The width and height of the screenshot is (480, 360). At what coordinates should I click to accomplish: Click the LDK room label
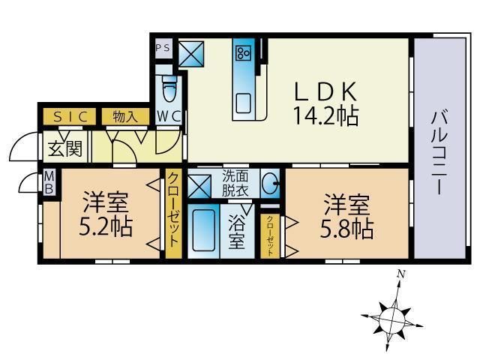click(325, 91)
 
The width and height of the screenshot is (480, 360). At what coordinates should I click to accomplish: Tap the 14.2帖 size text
click(325, 116)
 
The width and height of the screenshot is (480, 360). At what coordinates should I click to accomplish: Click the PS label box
click(163, 46)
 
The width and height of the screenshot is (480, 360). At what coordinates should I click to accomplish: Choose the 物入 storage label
click(125, 116)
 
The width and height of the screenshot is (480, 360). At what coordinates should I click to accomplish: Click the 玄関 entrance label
click(64, 148)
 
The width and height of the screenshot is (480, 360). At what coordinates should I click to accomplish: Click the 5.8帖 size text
click(346, 226)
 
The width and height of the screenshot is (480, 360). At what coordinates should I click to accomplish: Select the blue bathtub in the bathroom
click(203, 230)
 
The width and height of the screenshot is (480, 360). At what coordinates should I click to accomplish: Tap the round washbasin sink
click(271, 183)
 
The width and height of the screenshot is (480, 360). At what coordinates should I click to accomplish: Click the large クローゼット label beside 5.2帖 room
click(172, 210)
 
